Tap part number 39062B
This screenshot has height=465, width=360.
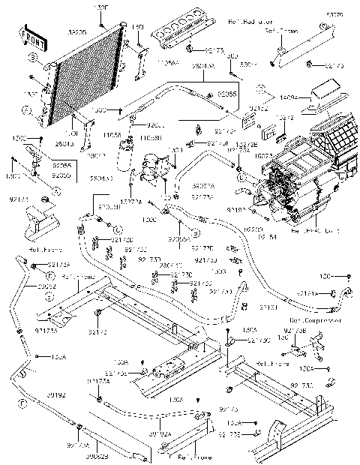pyautogui.click(x=97, y=456)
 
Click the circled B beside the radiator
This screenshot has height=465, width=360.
pyautogui.click(x=34, y=57)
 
